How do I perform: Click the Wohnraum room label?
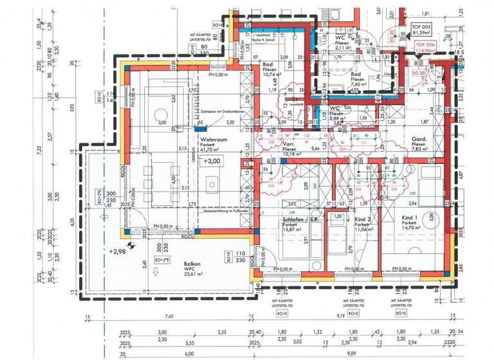pos(214,139)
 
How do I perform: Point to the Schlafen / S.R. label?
pos(300,220)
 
